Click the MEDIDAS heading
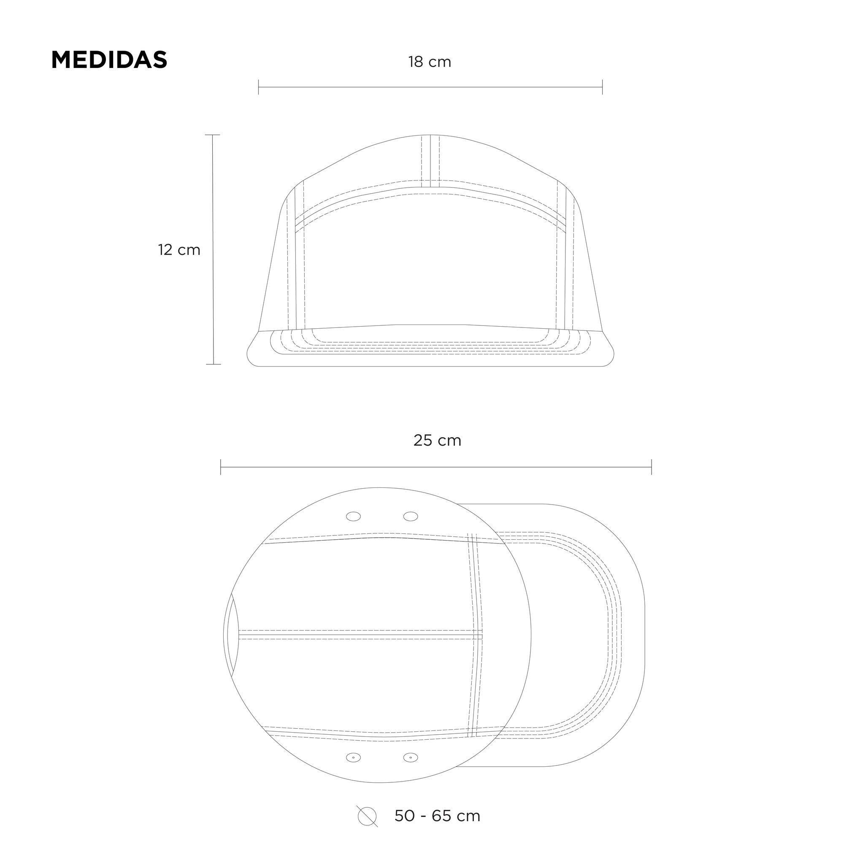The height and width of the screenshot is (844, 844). [109, 60]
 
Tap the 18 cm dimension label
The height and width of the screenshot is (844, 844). [430, 62]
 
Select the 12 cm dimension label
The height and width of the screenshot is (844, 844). [179, 250]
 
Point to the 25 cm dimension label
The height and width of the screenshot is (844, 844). [437, 440]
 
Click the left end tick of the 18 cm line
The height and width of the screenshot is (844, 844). [259, 87]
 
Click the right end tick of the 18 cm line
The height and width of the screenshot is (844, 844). [603, 87]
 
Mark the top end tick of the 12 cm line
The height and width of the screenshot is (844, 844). [213, 135]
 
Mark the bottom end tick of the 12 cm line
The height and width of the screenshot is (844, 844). [213, 364]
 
